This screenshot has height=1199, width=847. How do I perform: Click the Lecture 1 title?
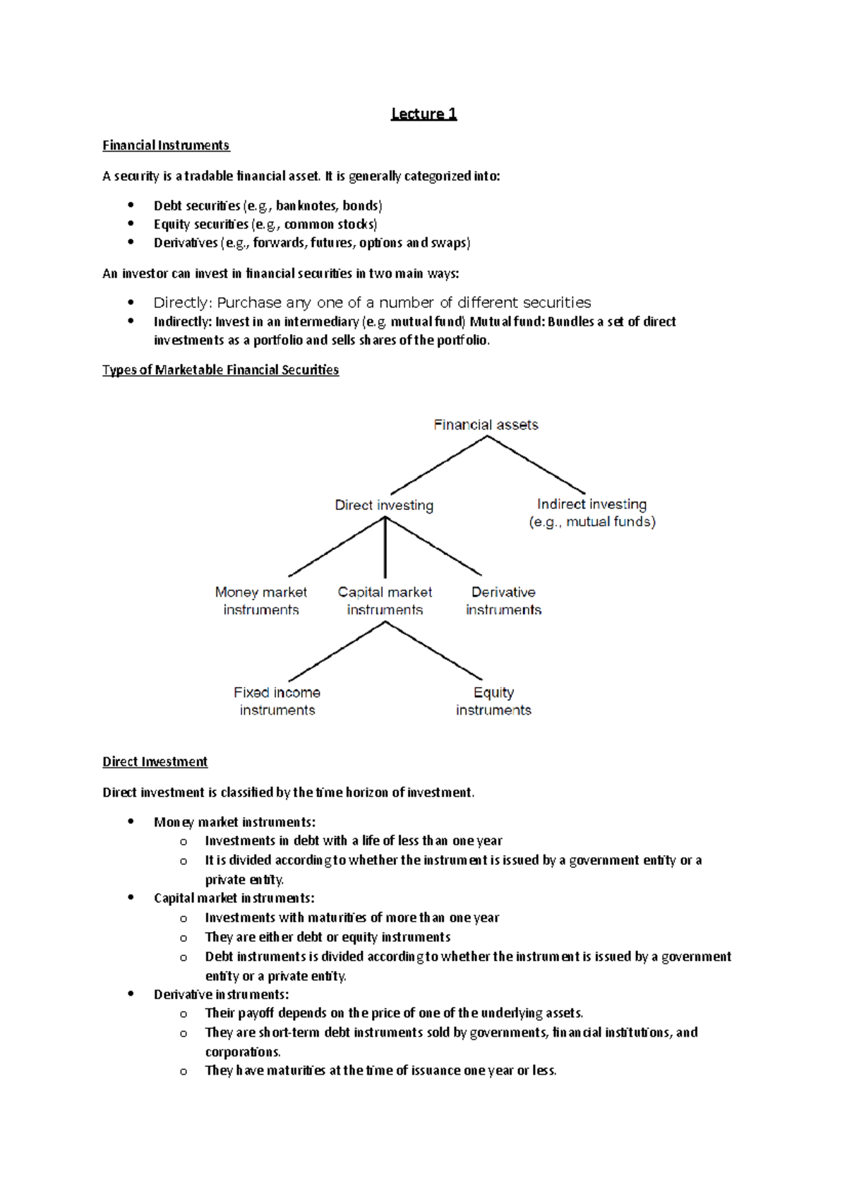423,114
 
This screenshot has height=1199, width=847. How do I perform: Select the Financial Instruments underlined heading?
166,145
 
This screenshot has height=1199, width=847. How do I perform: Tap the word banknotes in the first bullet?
306,206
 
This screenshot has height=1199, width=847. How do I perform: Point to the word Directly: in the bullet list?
182,303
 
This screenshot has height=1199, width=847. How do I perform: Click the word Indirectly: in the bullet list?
182,322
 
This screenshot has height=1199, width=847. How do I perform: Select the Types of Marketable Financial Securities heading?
220,370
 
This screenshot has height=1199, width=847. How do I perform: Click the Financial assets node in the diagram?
486,424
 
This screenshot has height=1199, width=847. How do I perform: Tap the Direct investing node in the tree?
384,505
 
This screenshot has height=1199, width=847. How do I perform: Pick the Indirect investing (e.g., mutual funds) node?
592,513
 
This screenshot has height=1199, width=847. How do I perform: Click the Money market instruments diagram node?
261,600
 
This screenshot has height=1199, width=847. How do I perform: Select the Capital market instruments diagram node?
385,600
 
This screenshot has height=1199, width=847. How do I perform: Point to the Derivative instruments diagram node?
503,600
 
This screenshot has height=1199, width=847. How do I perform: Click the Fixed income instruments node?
277,700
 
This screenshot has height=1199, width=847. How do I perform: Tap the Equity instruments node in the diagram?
493,700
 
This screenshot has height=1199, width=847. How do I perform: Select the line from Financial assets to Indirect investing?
536,465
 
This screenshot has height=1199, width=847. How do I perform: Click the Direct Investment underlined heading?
155,762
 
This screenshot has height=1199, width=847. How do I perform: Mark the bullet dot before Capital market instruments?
131,897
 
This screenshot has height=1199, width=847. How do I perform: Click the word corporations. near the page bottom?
242,1051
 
